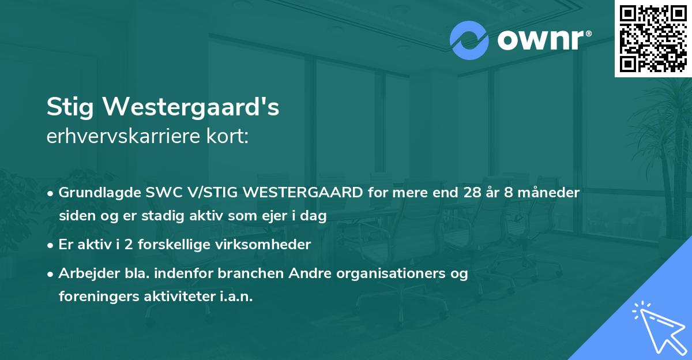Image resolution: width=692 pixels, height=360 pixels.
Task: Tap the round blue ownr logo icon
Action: coord(469,40)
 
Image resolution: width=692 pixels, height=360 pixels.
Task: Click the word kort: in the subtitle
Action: coord(230,137)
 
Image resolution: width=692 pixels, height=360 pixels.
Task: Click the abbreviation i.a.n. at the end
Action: coord(234,297)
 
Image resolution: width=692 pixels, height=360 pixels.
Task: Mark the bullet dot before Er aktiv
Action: coord(51,245)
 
